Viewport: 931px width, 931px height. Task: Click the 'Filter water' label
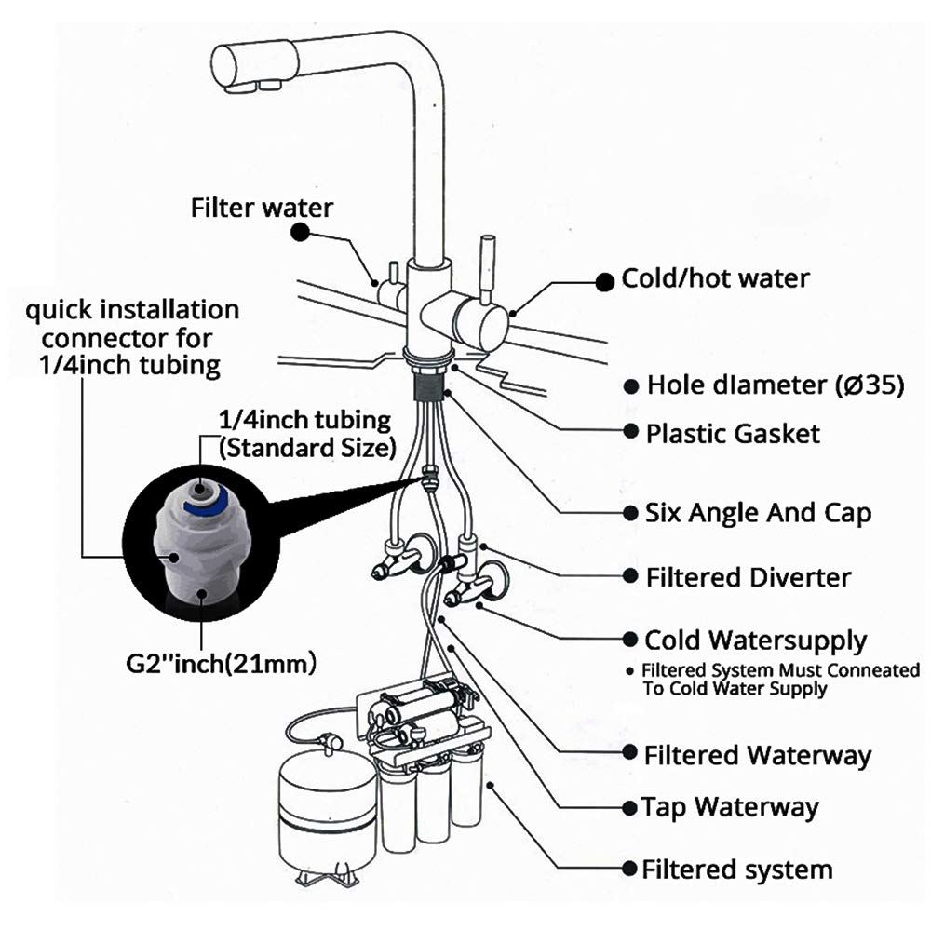tap(262, 207)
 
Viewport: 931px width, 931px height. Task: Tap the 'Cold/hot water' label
tap(715, 277)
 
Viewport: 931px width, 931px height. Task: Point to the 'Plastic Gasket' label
tap(734, 433)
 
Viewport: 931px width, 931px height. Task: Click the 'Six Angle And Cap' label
tap(759, 513)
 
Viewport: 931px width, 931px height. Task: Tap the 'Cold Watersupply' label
tap(755, 641)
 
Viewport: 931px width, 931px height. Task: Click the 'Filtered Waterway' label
tap(757, 754)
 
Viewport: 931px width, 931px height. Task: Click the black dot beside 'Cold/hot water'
tap(604, 280)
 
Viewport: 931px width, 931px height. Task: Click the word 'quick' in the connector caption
tap(57, 308)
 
